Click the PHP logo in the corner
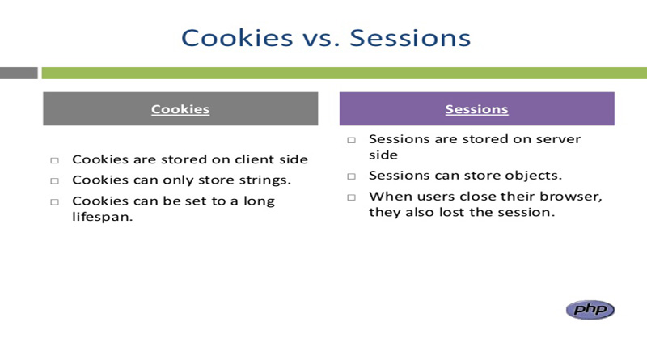coord(590,309)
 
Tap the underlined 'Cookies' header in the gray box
coord(180,109)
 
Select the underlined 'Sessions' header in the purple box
coord(476,109)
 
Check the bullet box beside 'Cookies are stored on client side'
coord(55,160)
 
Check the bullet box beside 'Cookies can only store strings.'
coord(55,180)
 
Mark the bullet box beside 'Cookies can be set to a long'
coord(55,201)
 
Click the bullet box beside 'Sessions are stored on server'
coord(352,140)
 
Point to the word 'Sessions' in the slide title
coord(408,37)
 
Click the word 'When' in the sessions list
coord(387,197)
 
